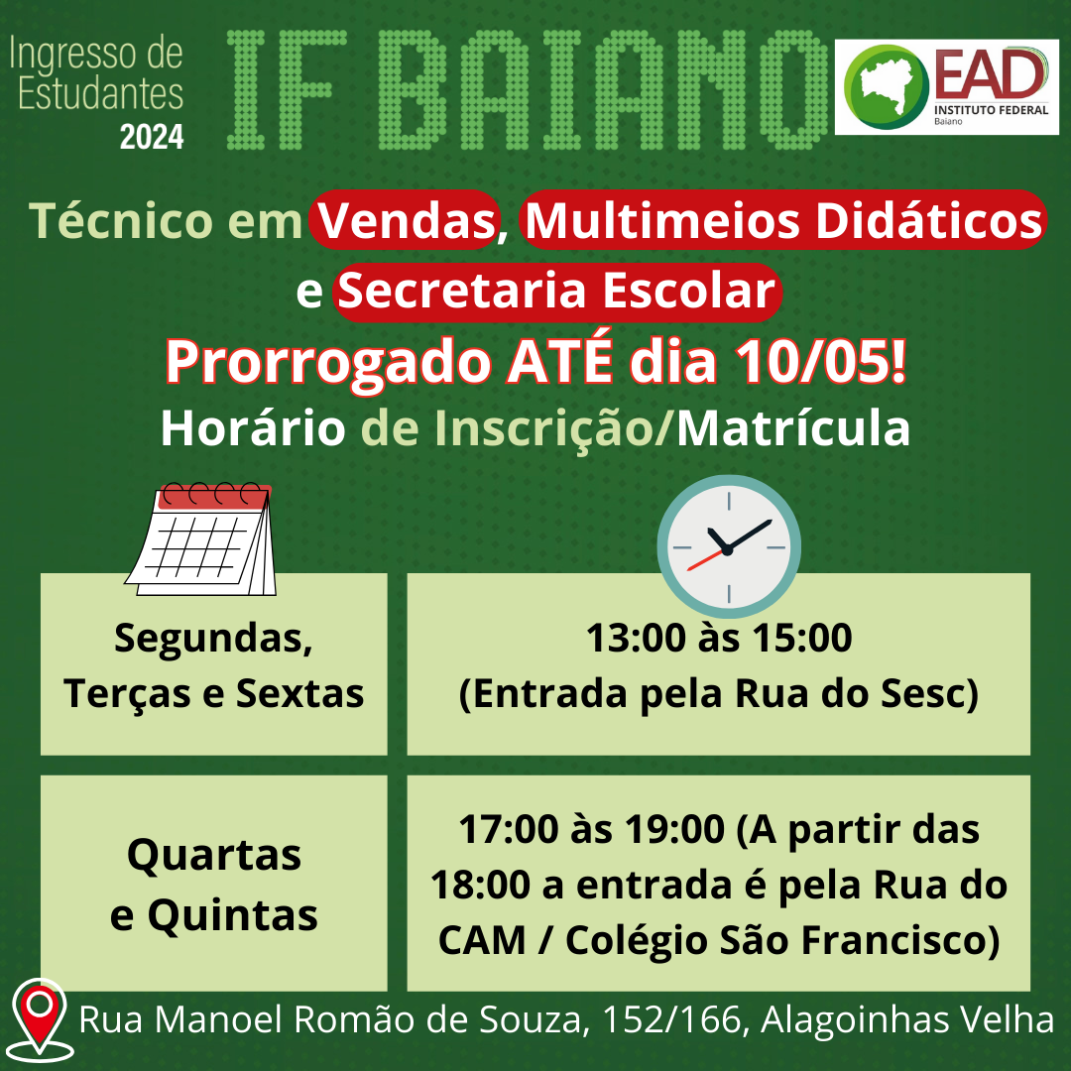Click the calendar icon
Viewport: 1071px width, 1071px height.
tap(200, 538)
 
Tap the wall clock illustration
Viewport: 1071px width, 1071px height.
tap(729, 546)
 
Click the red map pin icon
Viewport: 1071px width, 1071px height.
tap(41, 1020)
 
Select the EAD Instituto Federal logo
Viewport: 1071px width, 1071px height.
tap(946, 86)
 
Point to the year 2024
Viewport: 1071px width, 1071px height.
tap(152, 137)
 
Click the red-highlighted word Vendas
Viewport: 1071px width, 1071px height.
tap(406, 220)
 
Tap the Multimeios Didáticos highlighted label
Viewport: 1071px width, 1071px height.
tap(782, 220)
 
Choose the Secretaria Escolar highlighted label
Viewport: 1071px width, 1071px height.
tap(557, 292)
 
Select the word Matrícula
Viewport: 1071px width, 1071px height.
tap(793, 429)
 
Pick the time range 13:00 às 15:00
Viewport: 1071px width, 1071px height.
tap(719, 638)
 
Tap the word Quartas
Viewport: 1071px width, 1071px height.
tap(214, 856)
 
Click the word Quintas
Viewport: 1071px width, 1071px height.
tap(232, 915)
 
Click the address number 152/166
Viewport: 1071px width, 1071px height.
tap(671, 1019)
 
